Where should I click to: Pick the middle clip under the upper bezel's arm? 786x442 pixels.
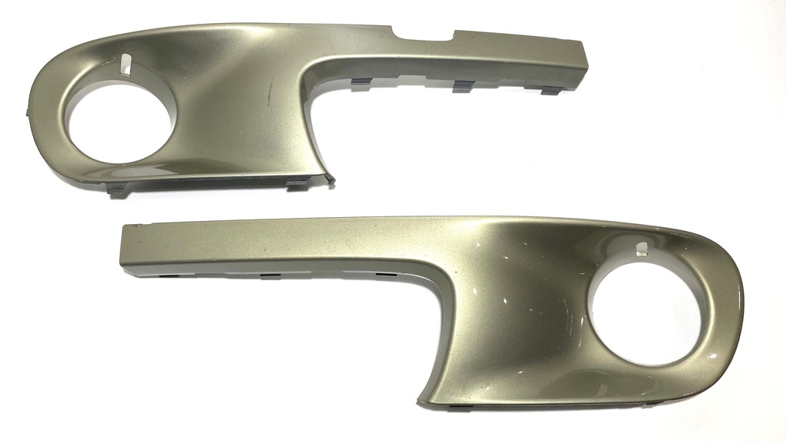pyautogui.click(x=462, y=86)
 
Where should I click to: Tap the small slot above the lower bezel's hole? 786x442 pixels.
pyautogui.click(x=639, y=248)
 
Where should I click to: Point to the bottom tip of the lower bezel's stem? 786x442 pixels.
pyautogui.click(x=421, y=401)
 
